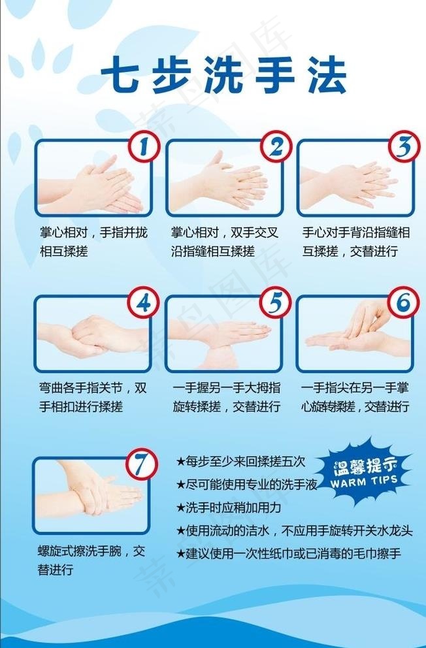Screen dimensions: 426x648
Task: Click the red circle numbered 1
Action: (x=144, y=147)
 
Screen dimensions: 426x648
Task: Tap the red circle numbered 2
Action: (x=276, y=147)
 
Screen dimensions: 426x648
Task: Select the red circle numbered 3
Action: (x=404, y=147)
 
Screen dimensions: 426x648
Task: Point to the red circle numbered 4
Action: (x=144, y=302)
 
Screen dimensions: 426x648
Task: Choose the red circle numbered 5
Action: (x=275, y=302)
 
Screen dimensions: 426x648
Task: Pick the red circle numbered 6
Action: (x=403, y=302)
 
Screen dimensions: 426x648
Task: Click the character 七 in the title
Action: (x=120, y=75)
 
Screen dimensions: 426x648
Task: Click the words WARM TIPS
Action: (x=364, y=481)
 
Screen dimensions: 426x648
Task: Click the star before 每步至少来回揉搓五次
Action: (x=180, y=462)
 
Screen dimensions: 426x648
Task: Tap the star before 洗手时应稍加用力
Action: (x=180, y=508)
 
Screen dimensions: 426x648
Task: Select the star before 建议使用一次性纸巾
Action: (x=180, y=554)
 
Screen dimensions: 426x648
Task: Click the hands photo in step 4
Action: (x=93, y=333)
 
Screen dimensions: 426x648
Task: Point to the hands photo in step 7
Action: (x=90, y=494)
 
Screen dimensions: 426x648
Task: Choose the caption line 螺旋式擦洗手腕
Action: (x=79, y=551)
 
